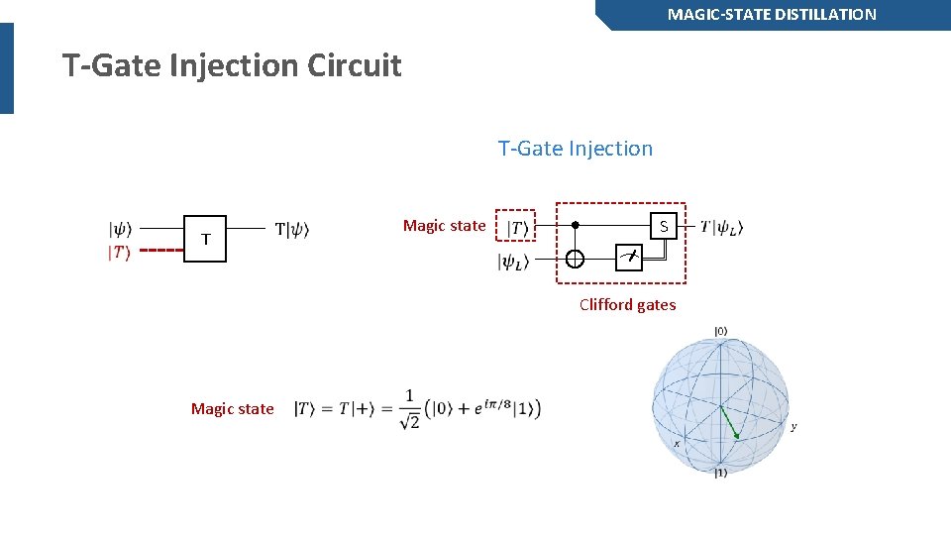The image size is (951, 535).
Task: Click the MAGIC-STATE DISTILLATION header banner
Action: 772,15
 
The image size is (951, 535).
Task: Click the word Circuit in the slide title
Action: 354,66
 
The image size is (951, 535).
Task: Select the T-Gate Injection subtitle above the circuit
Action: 575,149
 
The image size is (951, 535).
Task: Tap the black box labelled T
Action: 205,239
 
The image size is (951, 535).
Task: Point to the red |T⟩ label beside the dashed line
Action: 119,253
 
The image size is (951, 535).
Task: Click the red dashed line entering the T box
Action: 161,251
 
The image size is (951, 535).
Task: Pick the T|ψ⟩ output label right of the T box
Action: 291,230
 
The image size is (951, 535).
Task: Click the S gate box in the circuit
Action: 664,226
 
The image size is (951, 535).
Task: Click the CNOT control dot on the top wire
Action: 575,225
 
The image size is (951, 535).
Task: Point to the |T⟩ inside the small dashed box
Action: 516,227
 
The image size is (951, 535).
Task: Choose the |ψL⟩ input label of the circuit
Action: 513,263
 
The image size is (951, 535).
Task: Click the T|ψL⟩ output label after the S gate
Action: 721,227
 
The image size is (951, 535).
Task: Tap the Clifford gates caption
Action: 627,304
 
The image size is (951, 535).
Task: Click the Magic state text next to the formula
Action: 232,408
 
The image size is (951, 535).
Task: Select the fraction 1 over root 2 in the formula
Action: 408,408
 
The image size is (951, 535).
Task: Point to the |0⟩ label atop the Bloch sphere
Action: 720,331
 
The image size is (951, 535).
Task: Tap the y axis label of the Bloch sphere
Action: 793,427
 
